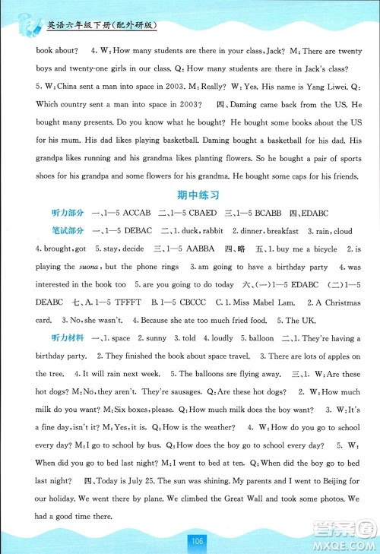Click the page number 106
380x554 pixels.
click(x=196, y=540)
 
